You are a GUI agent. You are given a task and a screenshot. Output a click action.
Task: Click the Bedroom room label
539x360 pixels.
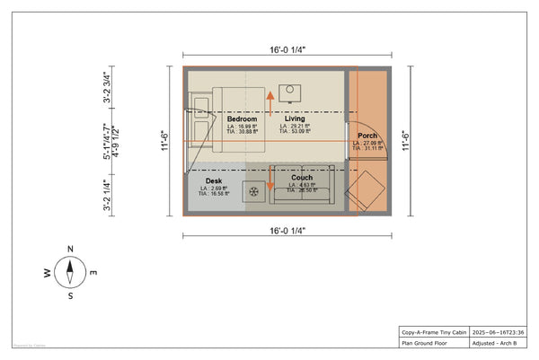click(x=243, y=119)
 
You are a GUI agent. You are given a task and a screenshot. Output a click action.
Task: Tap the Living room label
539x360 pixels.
click(x=295, y=119)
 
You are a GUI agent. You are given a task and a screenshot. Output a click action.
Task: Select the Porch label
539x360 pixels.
click(x=367, y=137)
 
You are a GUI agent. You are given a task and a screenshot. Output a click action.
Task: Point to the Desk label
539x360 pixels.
click(x=214, y=181)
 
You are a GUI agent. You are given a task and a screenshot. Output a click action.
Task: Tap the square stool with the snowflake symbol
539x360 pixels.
click(x=255, y=191)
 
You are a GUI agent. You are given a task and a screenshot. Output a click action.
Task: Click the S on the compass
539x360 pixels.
click(x=70, y=294)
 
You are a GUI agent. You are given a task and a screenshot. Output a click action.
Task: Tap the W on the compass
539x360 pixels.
click(x=48, y=272)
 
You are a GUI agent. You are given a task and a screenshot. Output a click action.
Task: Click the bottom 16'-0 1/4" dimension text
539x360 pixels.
click(x=289, y=231)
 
